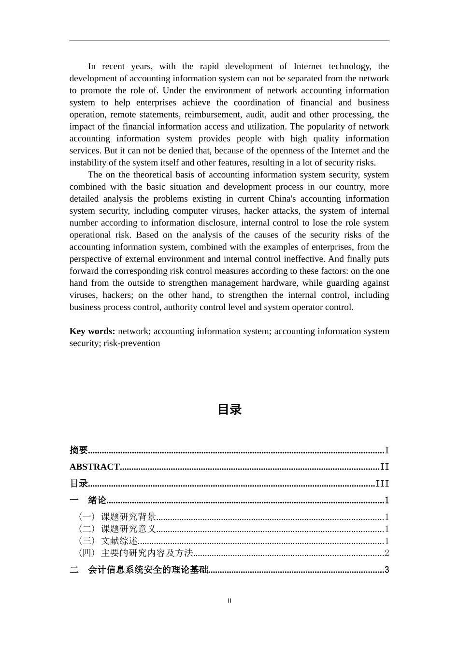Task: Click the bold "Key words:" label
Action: pos(92,331)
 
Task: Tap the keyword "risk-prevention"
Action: pos(131,343)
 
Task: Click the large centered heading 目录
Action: pos(229,410)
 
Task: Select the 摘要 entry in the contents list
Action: pos(79,450)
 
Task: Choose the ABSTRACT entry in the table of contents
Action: pos(95,467)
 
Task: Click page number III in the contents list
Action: pos(382,484)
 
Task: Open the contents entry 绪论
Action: pos(97,501)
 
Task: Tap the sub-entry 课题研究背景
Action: pos(129,517)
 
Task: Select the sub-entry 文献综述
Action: pos(119,541)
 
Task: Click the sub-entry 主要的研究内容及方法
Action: pos(147,553)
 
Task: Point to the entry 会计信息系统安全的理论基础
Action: pos(148,570)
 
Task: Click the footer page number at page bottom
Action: pos(229,601)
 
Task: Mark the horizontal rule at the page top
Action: pos(229,41)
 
